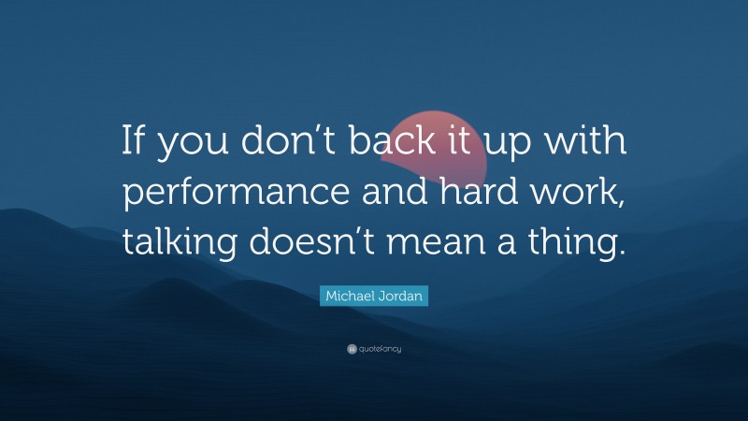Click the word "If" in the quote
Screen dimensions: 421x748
pos(133,142)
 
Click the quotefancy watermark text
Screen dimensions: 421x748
pos(380,349)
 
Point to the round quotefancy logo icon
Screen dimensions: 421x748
pos(352,349)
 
